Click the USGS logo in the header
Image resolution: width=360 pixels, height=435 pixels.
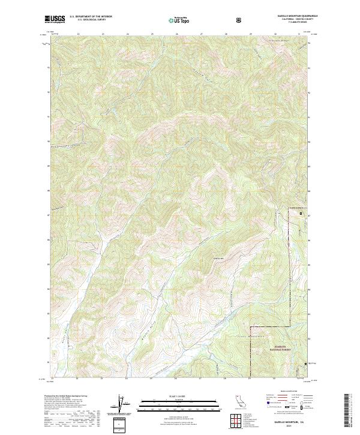coord(55,19)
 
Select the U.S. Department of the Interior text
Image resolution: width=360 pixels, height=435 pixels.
coord(91,17)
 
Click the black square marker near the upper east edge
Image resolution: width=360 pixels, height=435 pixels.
coord(301,211)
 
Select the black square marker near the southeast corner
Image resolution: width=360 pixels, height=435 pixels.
coord(305,364)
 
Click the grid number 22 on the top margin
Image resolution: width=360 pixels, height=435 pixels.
coord(79,34)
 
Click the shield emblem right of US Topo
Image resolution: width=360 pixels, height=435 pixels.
coord(240,20)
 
